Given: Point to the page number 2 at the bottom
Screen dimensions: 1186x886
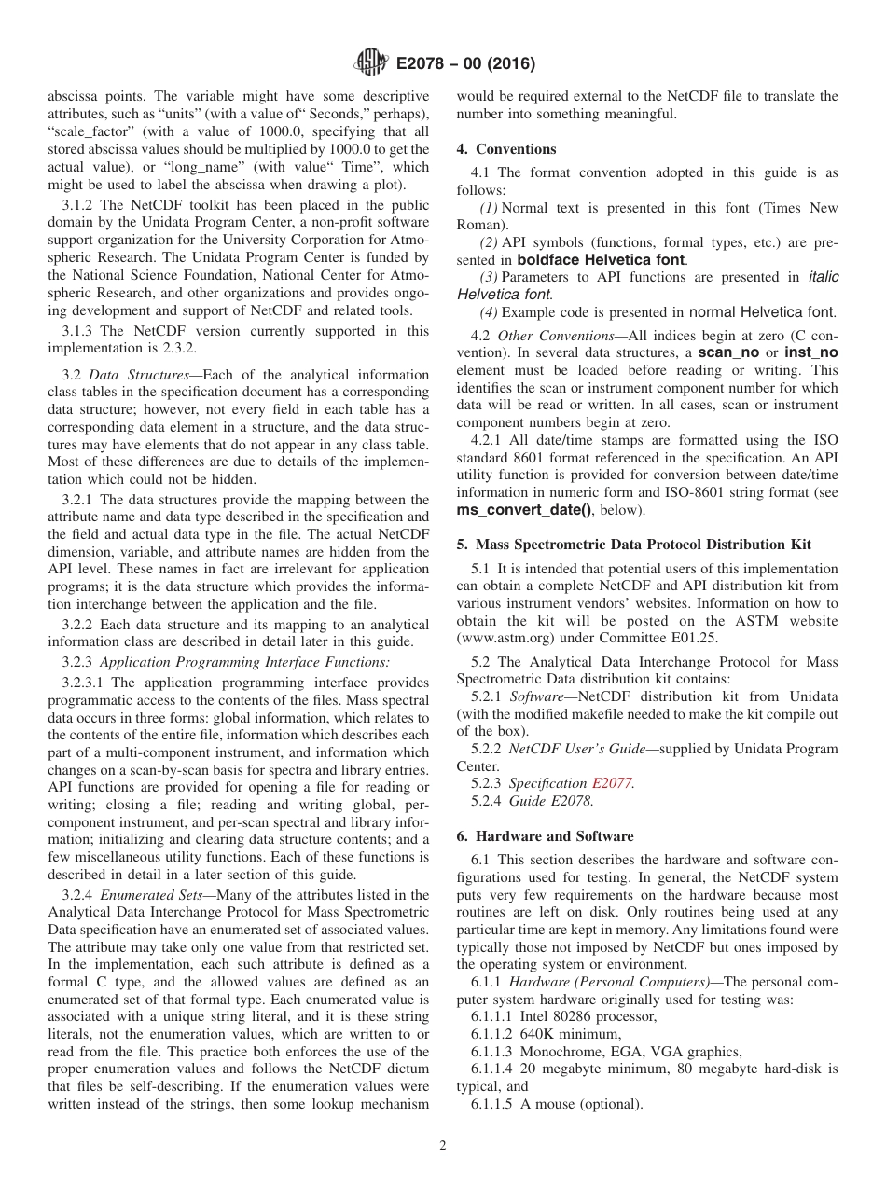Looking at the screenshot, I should tap(443, 1146).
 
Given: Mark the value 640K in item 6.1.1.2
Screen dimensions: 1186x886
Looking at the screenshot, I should tap(539, 1034).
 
